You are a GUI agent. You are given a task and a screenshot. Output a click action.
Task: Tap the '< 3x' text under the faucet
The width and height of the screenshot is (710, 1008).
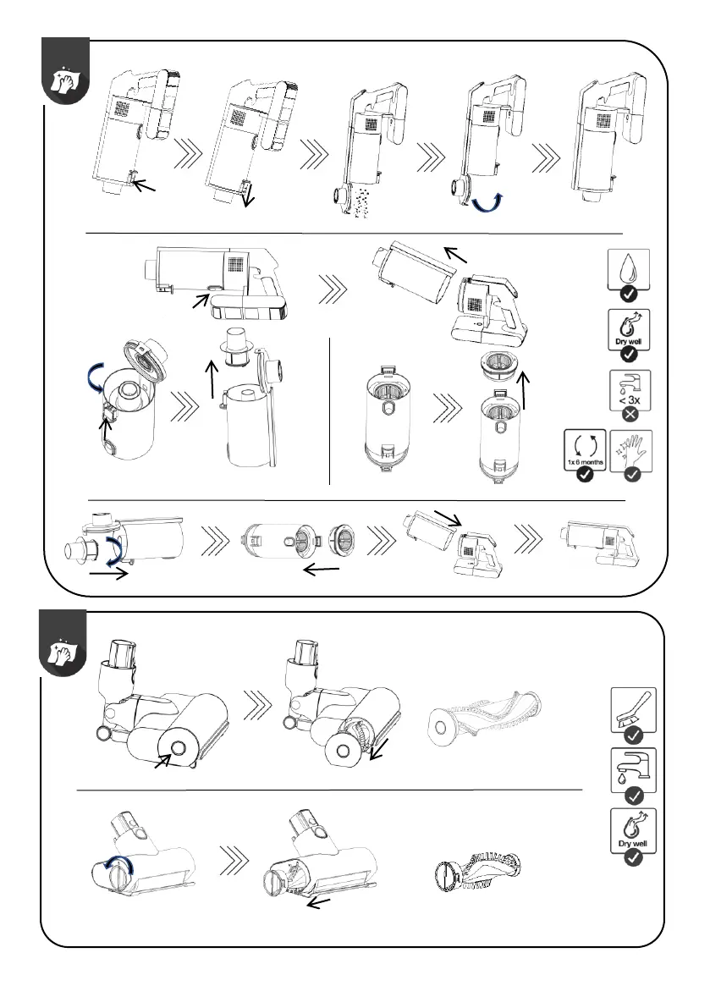click(x=629, y=400)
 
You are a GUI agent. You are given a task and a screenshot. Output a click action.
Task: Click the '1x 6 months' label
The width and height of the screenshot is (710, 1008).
click(x=584, y=464)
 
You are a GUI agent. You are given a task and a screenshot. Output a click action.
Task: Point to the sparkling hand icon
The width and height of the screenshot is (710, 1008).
click(x=630, y=453)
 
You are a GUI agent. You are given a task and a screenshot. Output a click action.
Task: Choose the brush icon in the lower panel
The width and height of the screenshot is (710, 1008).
click(x=632, y=707)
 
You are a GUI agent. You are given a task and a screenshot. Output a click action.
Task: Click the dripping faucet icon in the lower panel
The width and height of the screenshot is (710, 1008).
click(x=632, y=767)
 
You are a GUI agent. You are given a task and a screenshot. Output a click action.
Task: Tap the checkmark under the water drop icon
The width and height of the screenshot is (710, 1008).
click(x=629, y=294)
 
